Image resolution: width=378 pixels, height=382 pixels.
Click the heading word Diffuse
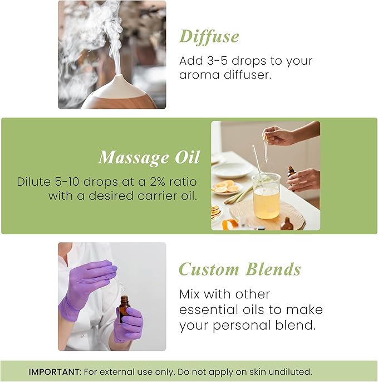209,36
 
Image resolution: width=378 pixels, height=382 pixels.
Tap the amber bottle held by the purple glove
124,310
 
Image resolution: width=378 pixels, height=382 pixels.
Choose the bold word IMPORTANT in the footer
53,371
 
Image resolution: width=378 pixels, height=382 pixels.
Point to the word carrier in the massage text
149,196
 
